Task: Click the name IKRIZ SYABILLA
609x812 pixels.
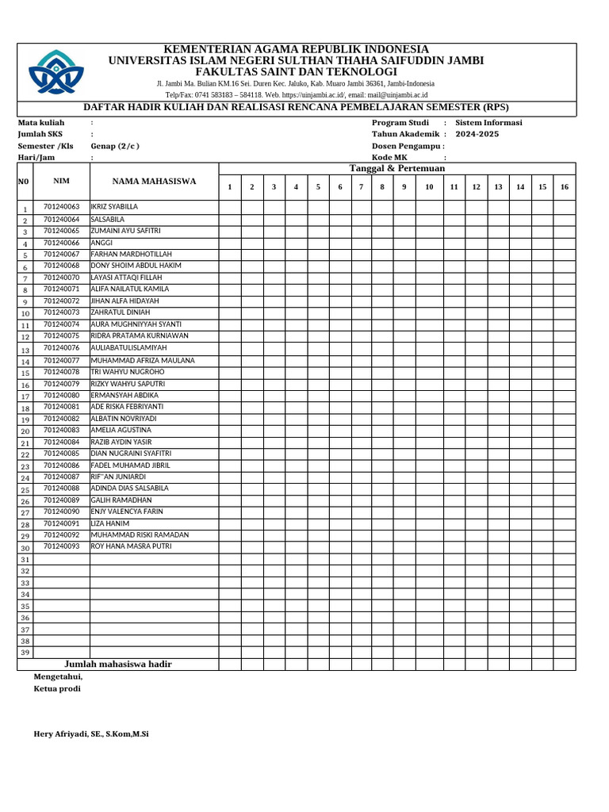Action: [115, 206]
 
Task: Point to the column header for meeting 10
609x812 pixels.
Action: [429, 187]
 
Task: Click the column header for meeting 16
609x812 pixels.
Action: [564, 187]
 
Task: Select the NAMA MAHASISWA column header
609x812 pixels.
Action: [154, 182]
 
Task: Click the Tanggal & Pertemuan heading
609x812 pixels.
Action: [397, 168]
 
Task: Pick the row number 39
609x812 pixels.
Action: [25, 653]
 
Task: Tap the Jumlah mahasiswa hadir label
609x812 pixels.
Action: [118, 664]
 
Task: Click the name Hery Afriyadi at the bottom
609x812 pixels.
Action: [91, 734]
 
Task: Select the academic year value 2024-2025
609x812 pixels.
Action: [477, 134]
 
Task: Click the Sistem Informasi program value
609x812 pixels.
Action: [488, 123]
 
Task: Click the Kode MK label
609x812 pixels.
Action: [389, 158]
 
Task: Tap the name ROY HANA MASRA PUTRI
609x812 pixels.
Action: [131, 546]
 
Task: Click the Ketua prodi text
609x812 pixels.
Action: [57, 688]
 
